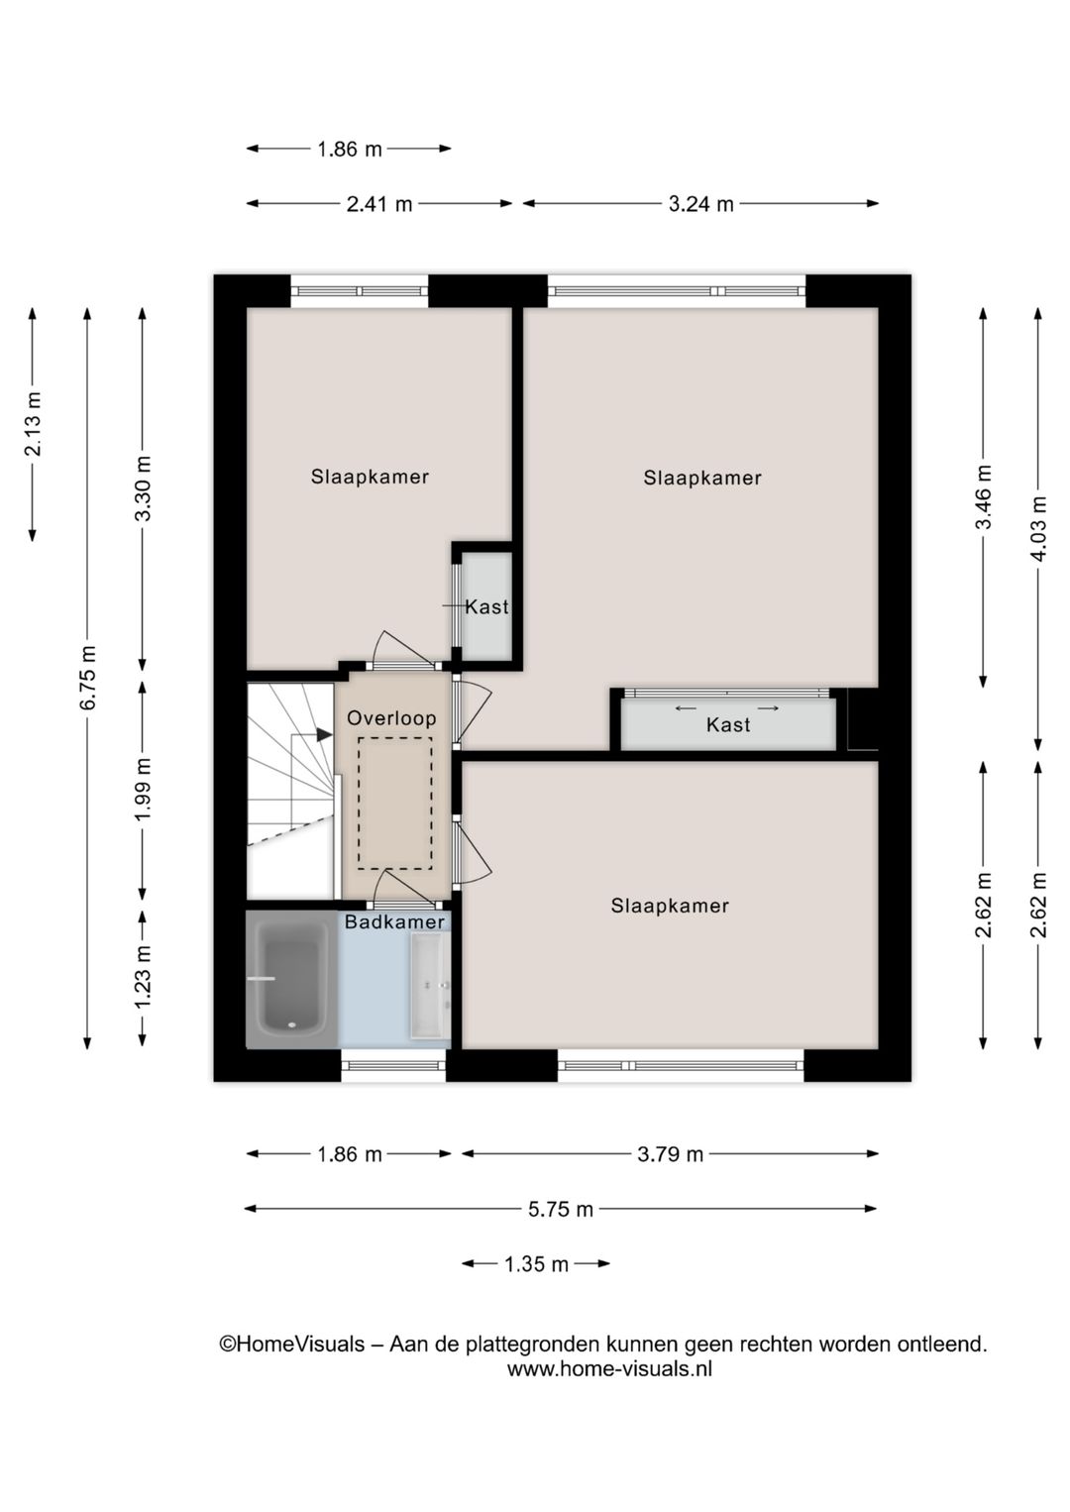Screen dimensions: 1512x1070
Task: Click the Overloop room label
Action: pos(391,718)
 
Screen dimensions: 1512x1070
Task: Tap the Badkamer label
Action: pos(394,922)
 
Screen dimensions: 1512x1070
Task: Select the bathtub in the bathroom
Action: pos(291,978)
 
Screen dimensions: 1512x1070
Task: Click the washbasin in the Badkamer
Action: pos(430,986)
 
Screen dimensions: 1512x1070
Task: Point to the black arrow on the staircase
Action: pos(323,735)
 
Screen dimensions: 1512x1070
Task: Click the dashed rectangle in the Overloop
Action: pos(395,804)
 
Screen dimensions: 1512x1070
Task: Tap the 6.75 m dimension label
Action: pos(88,678)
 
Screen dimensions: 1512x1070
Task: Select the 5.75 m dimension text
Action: pos(561,1209)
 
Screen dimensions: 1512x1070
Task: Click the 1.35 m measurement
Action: pos(536,1264)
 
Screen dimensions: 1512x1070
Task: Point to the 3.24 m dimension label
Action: pos(700,204)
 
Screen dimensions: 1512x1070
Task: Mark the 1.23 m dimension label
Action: pos(143,977)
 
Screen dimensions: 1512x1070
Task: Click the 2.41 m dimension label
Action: pos(379,204)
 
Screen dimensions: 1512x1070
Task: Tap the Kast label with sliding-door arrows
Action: pos(728,725)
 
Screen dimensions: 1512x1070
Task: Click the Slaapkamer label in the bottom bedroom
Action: pos(670,906)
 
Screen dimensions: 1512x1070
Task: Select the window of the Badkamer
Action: pos(393,1066)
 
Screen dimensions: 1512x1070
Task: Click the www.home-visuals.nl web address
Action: pos(609,1369)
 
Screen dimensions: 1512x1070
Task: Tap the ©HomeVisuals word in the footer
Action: pos(291,1345)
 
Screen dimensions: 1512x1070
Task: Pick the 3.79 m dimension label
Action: pos(671,1154)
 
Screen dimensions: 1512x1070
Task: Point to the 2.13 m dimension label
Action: pos(33,424)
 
